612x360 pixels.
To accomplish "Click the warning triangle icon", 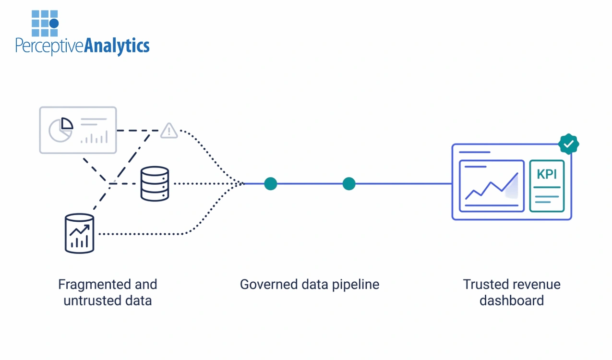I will click(168, 131).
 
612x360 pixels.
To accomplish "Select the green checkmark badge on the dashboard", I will click(569, 144).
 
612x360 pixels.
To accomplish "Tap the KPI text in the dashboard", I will click(547, 174).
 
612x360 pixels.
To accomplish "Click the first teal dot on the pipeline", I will click(271, 183).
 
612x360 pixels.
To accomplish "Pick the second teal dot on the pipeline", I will click(349, 183).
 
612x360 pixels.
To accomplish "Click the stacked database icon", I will click(155, 183).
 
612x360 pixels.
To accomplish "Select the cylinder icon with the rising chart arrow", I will click(79, 233).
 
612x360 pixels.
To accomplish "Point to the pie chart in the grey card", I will click(61, 130).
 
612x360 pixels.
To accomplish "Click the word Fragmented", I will click(90, 285).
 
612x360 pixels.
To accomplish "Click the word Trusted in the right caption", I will click(485, 285).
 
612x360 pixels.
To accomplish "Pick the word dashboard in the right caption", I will click(511, 301).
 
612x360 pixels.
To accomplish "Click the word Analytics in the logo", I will click(117, 46).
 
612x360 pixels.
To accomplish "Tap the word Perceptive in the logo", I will click(49, 46).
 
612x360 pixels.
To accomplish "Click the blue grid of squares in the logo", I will click(45, 24).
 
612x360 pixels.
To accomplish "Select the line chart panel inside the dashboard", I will click(491, 186).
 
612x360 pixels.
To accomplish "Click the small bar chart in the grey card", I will click(94, 138).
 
